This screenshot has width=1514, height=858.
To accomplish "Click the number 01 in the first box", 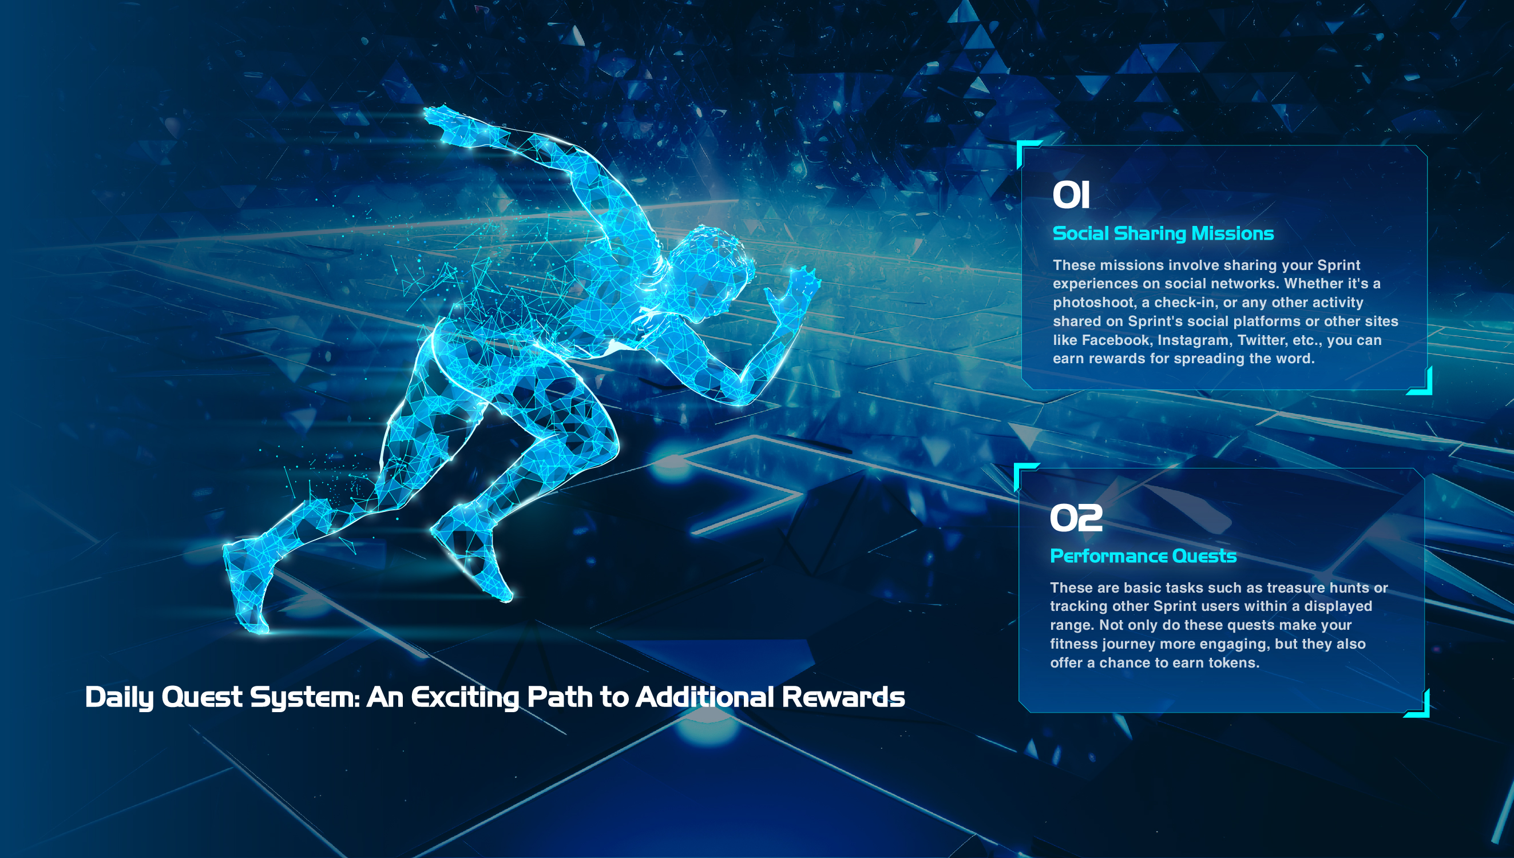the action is pos(1071,195).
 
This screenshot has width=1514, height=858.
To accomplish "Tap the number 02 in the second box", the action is pos(1076,518).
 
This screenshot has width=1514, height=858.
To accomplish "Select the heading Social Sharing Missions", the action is pos(1163,233).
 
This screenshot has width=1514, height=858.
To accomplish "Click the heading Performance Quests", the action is pos(1143,555).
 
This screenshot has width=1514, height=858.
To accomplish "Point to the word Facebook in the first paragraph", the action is pos(1116,340).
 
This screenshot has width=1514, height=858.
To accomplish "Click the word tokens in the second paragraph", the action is pos(1234,663).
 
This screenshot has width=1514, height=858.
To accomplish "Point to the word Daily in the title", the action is pos(120,698).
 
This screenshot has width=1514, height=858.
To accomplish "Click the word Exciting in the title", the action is pos(466,698).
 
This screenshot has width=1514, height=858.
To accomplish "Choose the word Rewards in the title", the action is pos(843,697).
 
